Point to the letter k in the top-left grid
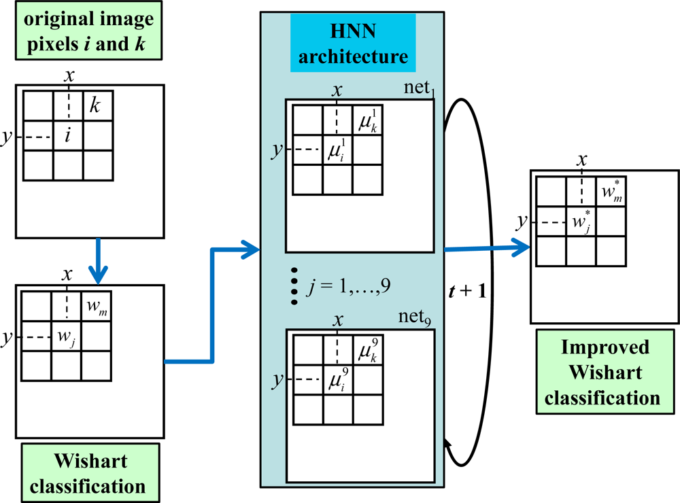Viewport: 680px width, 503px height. (95, 106)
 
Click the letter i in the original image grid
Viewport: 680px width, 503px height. (67, 136)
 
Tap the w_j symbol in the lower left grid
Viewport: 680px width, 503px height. (65, 336)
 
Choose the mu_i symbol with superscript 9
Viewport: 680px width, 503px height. (337, 377)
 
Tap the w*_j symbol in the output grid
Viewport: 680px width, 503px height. (580, 222)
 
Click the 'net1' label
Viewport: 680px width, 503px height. (417, 90)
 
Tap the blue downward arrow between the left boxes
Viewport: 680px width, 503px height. (99, 262)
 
